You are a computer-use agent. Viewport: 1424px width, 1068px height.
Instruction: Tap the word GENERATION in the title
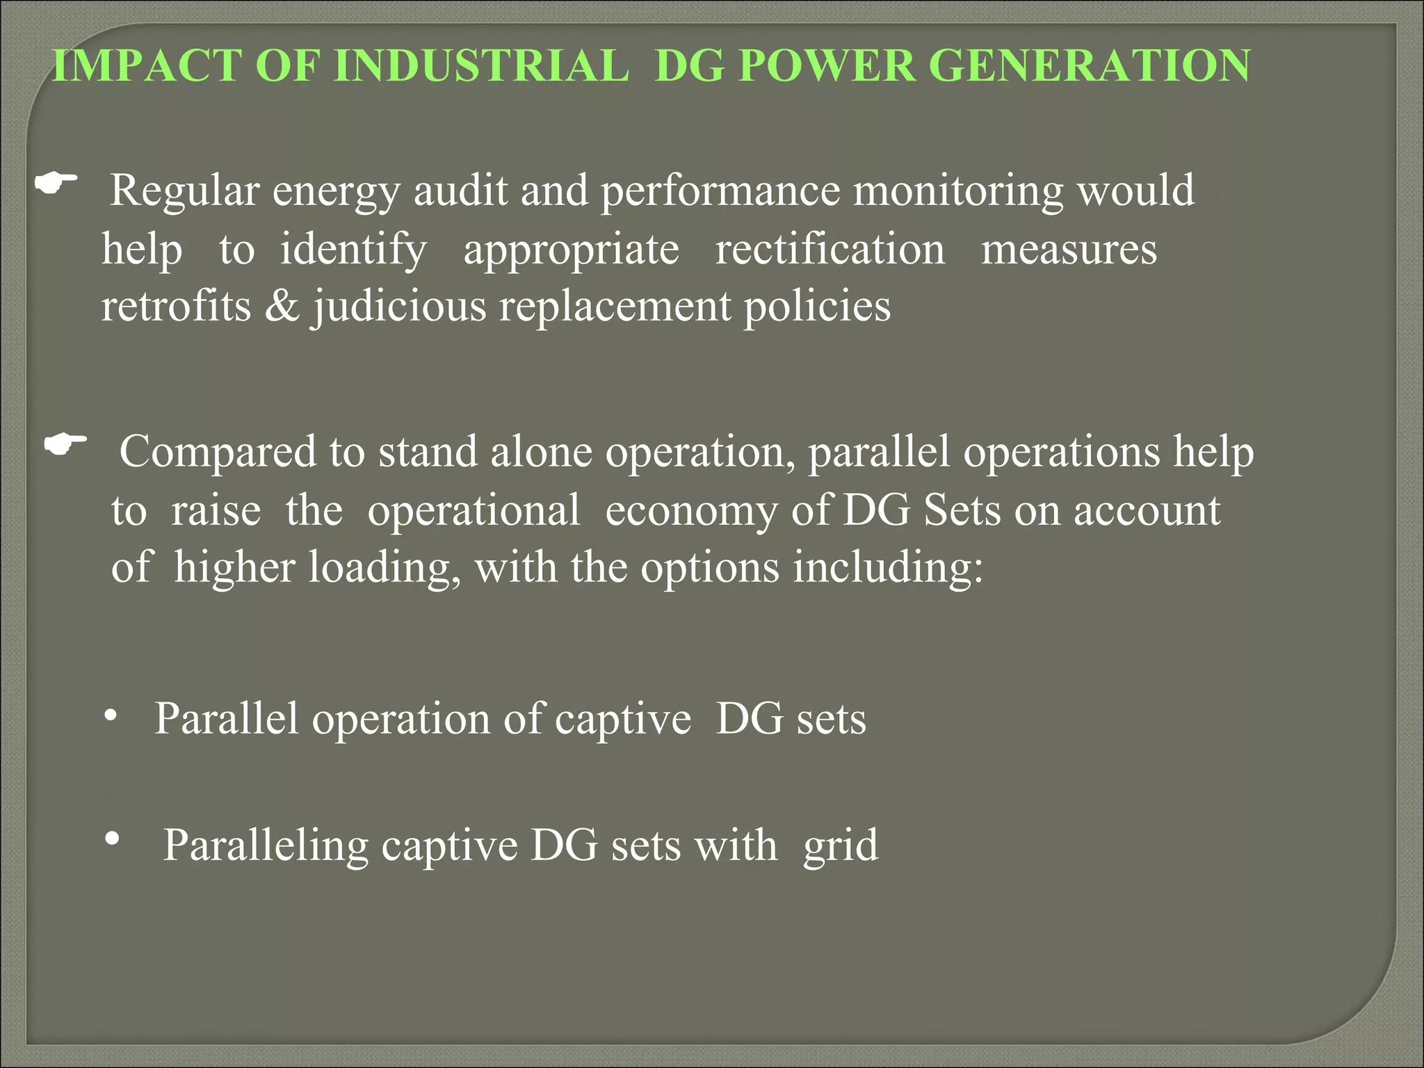1090,66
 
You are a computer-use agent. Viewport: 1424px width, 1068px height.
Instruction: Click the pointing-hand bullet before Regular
56,184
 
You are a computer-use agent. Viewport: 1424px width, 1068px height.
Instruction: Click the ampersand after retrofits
282,306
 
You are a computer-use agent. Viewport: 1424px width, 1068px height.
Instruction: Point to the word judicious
399,306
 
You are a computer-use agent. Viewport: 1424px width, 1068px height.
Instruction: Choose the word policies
817,306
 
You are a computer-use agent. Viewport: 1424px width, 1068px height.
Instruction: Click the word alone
541,452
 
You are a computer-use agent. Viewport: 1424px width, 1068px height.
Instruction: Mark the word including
888,567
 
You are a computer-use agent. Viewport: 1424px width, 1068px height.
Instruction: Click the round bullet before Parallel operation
110,715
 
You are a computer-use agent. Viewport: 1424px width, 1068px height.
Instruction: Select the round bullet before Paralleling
111,840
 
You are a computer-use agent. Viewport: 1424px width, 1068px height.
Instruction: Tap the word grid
841,846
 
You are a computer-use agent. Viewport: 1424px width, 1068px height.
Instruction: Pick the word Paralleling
266,846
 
